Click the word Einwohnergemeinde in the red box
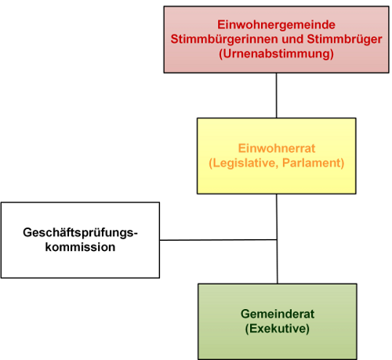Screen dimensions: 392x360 276,25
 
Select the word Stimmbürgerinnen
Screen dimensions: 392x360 224,39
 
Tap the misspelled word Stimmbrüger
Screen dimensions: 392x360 344,39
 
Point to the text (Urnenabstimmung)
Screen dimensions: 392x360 276,54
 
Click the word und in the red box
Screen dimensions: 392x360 292,39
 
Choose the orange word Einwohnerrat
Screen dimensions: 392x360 277,148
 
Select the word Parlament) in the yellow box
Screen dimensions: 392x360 314,163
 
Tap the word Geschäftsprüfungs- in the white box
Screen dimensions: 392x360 80,233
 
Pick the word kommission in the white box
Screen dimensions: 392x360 80,247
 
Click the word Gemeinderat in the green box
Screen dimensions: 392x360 278,314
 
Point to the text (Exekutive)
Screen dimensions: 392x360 278,329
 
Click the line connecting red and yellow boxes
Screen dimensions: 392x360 276,96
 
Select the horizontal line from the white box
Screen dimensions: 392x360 218,240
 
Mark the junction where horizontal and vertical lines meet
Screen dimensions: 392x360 277,239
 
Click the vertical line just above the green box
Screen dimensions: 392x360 278,261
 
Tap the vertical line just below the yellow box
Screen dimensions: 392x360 277,216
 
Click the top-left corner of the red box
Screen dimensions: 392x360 164,6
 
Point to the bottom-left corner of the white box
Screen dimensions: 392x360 2,278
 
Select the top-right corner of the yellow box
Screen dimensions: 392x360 356,118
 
